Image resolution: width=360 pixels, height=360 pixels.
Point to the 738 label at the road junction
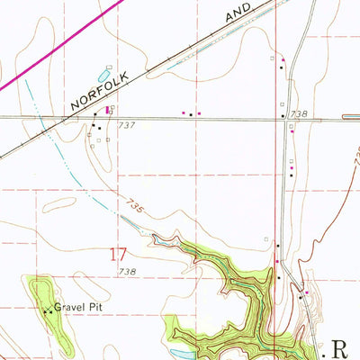[x=299, y=114]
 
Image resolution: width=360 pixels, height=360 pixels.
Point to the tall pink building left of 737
[x=109, y=110]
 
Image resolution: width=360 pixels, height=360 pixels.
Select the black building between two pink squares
[x=191, y=113]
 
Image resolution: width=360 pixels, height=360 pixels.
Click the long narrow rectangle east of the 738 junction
[x=351, y=115]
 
